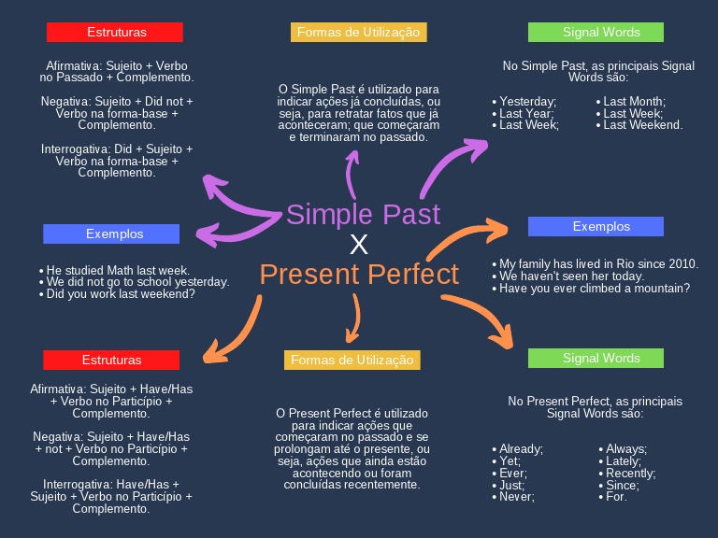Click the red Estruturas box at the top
pos(115,33)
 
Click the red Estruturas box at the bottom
pos(111,360)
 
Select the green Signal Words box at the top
pos(596,33)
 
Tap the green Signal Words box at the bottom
pos(596,358)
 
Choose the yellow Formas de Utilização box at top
pos(358,33)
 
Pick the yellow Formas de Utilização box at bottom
pos(352,360)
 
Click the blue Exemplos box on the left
pos(111,234)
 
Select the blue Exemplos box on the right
pos(596,226)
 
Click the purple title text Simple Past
pos(363,214)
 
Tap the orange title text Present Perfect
pos(359,275)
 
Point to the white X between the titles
pos(359,245)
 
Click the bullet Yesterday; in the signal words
pos(527,101)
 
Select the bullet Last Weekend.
pos(643,124)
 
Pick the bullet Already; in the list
pos(521,449)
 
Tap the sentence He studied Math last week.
pos(118,270)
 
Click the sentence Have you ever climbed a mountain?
pos(595,288)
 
